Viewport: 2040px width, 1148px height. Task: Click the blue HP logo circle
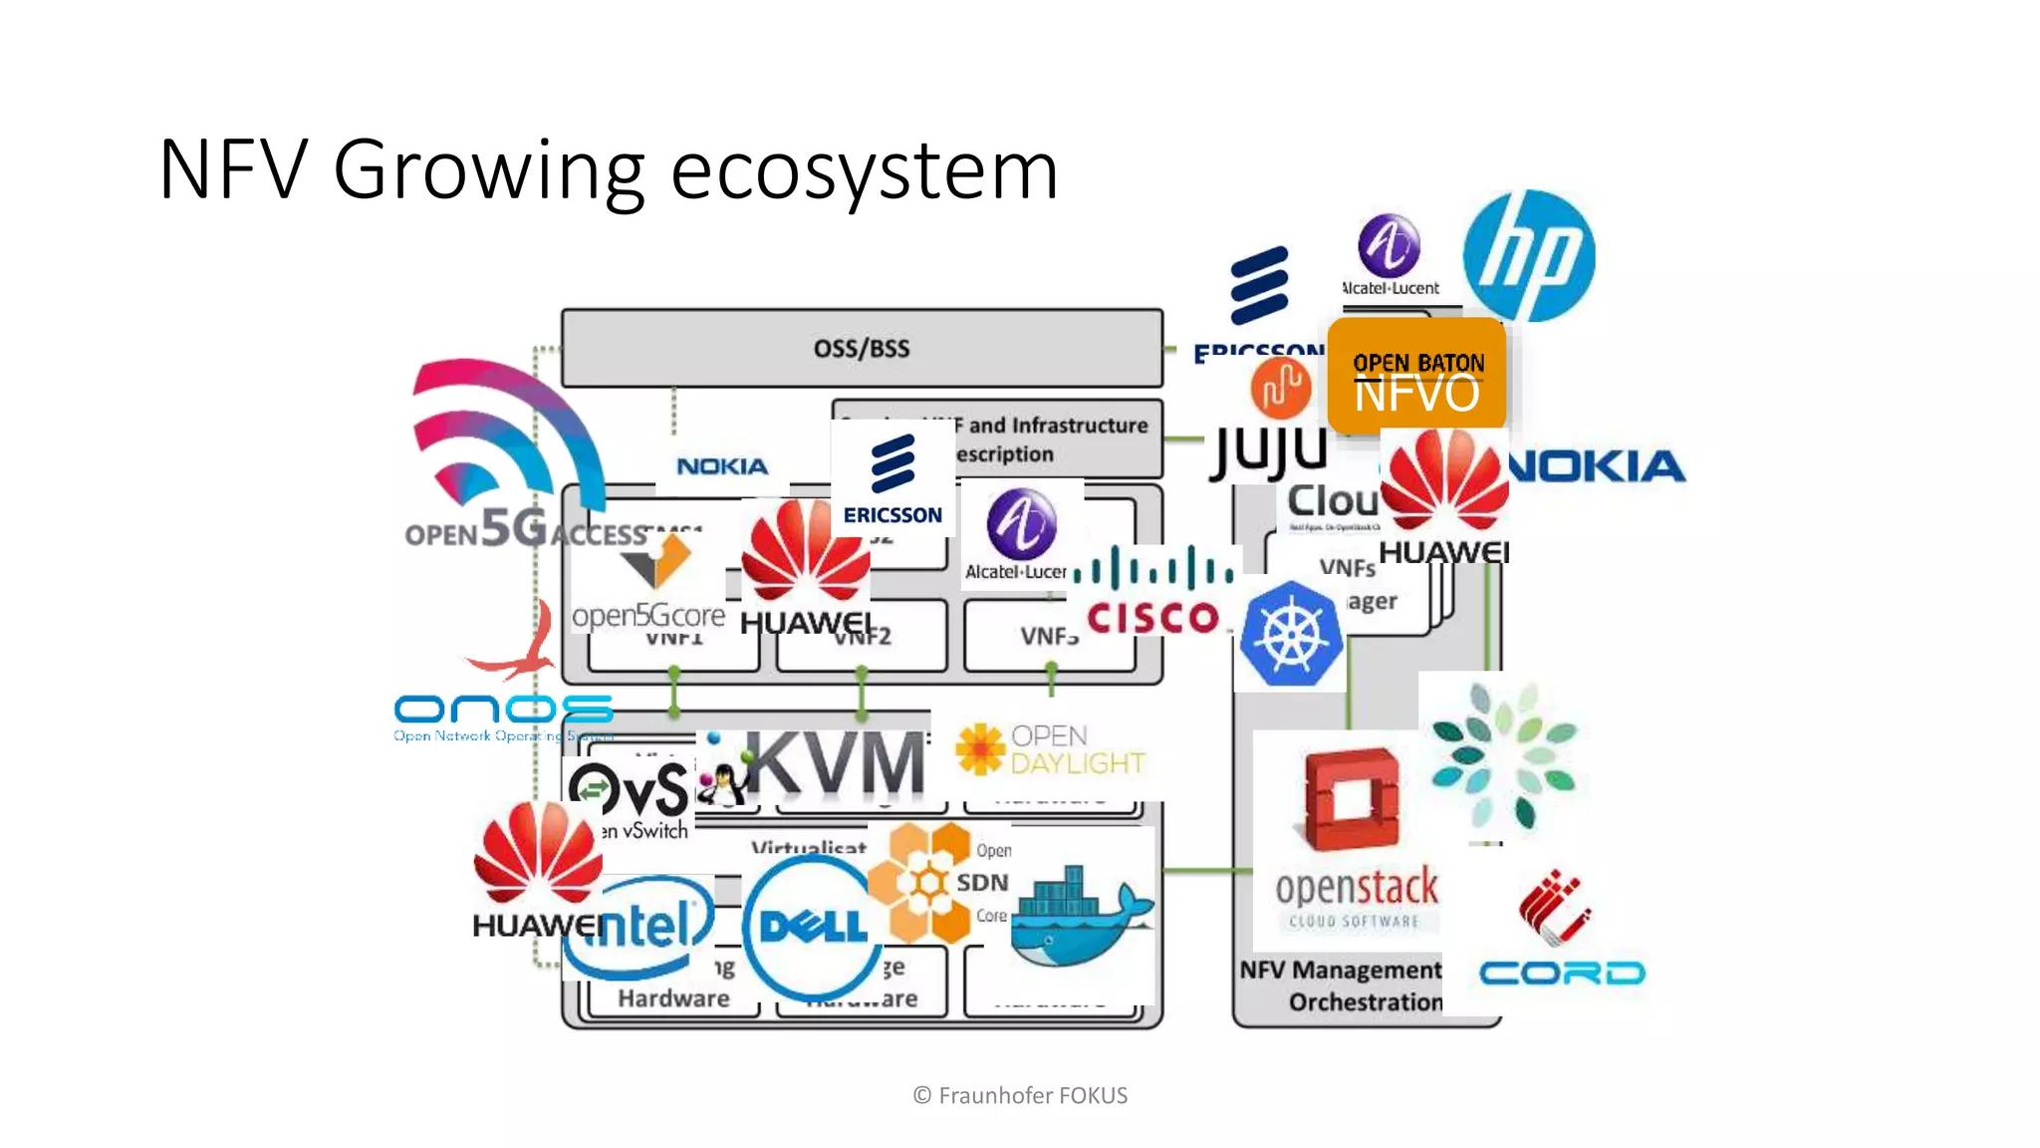1528,256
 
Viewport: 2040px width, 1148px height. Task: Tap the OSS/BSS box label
862,348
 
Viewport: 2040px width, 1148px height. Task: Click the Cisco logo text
1153,618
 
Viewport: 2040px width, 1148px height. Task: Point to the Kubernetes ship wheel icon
1290,635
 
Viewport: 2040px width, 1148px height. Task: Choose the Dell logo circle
812,927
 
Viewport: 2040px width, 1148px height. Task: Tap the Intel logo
637,927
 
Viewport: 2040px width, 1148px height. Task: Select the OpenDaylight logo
1051,749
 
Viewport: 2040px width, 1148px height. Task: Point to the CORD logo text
1561,973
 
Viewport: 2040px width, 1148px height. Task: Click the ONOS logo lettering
503,710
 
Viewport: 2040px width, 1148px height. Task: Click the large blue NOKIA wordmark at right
1597,466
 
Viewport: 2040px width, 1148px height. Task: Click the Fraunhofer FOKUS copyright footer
1020,1095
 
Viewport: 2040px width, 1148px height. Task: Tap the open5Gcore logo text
647,615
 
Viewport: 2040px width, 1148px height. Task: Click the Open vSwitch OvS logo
630,792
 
